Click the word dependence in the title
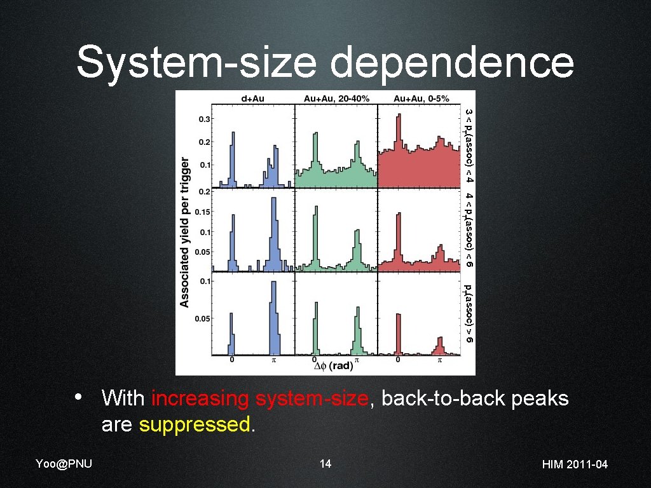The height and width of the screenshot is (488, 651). pos(452,63)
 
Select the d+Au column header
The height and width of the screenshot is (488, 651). pos(252,98)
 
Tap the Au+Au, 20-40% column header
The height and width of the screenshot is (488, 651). pos(336,98)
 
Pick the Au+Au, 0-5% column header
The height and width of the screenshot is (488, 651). pos(421,98)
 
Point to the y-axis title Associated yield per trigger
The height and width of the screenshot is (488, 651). pos(185,232)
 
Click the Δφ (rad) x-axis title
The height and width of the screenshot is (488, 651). pos(334,366)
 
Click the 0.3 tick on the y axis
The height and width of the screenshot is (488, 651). pos(205,119)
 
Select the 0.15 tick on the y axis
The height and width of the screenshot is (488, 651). pos(203,212)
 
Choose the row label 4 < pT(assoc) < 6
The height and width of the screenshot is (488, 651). pos(469,229)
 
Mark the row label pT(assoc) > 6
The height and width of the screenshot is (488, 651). pos(469,315)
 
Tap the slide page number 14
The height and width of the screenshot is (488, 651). pos(325,464)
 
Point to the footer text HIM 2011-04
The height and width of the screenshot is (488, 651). pos(575,464)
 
